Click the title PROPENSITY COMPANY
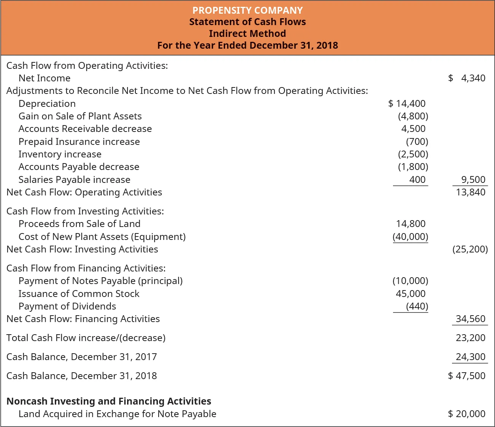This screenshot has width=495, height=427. [247, 10]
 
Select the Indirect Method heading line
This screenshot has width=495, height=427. [247, 33]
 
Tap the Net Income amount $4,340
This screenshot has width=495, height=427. [467, 78]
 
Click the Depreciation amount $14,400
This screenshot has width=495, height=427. [407, 103]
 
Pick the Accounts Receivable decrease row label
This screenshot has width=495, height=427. [85, 129]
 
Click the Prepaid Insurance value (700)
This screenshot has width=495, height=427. [417, 141]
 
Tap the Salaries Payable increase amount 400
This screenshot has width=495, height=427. [417, 179]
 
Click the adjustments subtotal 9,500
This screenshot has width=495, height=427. [473, 179]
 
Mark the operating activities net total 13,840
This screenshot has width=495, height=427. [471, 192]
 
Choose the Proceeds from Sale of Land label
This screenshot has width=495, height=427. [80, 224]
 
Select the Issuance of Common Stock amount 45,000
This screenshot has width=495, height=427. [411, 294]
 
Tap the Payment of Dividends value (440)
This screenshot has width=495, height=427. [417, 306]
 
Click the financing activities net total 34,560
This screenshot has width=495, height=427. [471, 319]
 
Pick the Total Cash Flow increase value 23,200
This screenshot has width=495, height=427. [471, 338]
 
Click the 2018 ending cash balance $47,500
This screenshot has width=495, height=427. [467, 376]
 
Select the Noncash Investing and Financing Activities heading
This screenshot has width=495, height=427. [109, 401]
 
